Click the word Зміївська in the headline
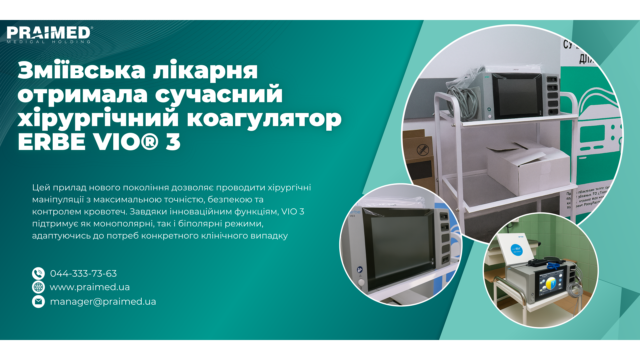pyautogui.click(x=82, y=70)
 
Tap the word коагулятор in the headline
pyautogui.click(x=264, y=118)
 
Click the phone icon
pyautogui.click(x=38, y=273)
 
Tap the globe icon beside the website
pyautogui.click(x=38, y=287)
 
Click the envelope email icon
pyautogui.click(x=38, y=301)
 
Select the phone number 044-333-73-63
pyautogui.click(x=83, y=273)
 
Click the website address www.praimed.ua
pyautogui.click(x=90, y=287)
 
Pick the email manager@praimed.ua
pyautogui.click(x=103, y=301)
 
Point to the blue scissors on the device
pyautogui.click(x=554, y=266)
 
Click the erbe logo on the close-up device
pyautogui.click(x=355, y=212)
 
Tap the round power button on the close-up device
pyautogui.click(x=361, y=282)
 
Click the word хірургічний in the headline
pyautogui.click(x=97, y=118)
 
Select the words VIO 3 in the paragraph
pyautogui.click(x=293, y=212)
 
